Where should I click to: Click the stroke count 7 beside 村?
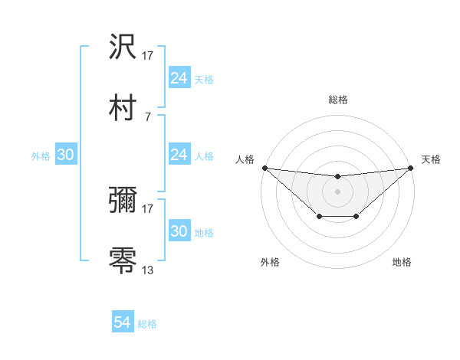point(147,116)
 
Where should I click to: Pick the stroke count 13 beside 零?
point(148,270)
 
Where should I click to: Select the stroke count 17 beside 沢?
point(148,55)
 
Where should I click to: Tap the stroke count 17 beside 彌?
point(148,208)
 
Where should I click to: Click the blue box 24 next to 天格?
point(179,78)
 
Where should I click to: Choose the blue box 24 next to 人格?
point(179,155)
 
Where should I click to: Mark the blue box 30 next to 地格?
point(179,231)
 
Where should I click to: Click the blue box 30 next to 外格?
point(66,155)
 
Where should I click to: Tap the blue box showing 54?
point(123,322)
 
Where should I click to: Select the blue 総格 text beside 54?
point(147,324)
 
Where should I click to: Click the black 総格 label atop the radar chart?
point(337,100)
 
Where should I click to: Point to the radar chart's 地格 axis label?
point(402,262)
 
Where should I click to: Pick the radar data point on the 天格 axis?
point(410,168)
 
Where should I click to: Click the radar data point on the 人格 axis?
point(264,168)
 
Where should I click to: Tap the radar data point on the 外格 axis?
point(318,218)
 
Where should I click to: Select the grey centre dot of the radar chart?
point(337,191)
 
